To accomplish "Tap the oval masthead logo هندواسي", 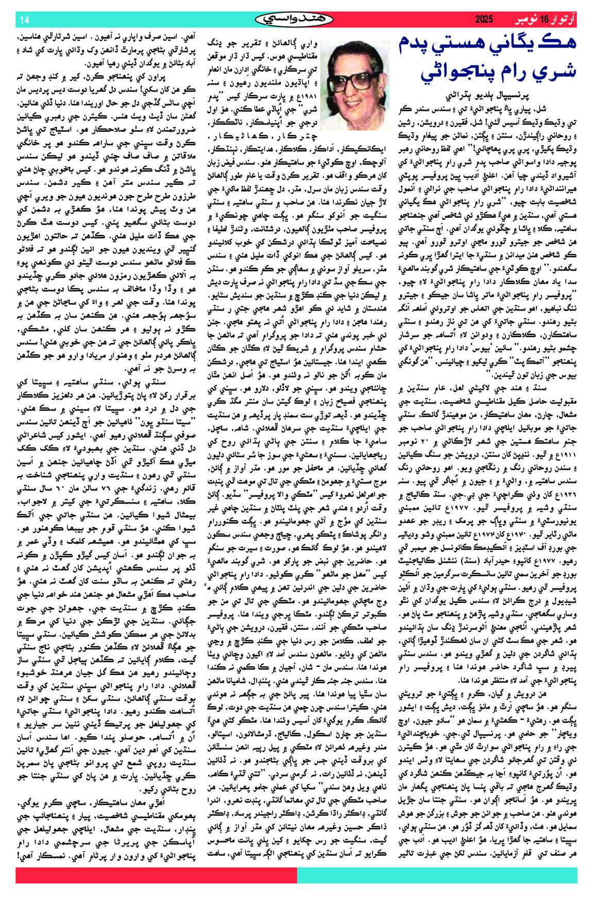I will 294,19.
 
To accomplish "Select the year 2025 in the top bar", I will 484,20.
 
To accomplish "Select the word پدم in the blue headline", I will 414,44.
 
